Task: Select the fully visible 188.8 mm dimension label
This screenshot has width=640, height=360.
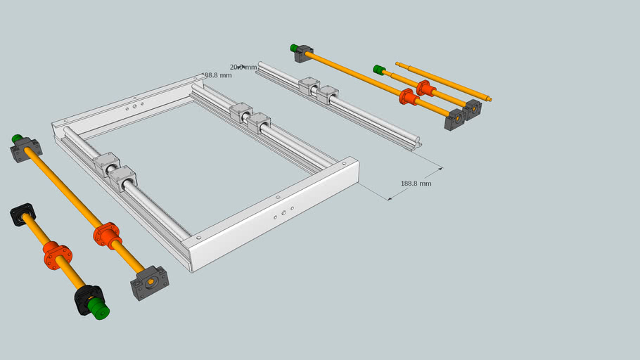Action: (x=416, y=184)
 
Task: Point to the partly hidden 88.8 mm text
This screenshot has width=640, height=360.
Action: (x=217, y=75)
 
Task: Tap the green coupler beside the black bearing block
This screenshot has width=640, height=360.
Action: (x=100, y=310)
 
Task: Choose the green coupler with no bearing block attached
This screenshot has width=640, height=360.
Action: (x=378, y=70)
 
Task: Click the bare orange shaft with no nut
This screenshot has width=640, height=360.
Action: (x=443, y=82)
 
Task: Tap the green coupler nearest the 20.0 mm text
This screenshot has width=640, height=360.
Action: (x=293, y=48)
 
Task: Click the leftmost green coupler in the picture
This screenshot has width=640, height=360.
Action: (x=16, y=138)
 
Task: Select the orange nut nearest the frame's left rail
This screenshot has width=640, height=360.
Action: (x=107, y=236)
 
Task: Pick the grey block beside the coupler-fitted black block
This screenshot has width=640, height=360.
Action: (x=148, y=283)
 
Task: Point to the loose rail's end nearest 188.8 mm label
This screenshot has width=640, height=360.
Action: (x=418, y=143)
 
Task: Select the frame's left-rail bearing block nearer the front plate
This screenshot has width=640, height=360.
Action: (x=123, y=181)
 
